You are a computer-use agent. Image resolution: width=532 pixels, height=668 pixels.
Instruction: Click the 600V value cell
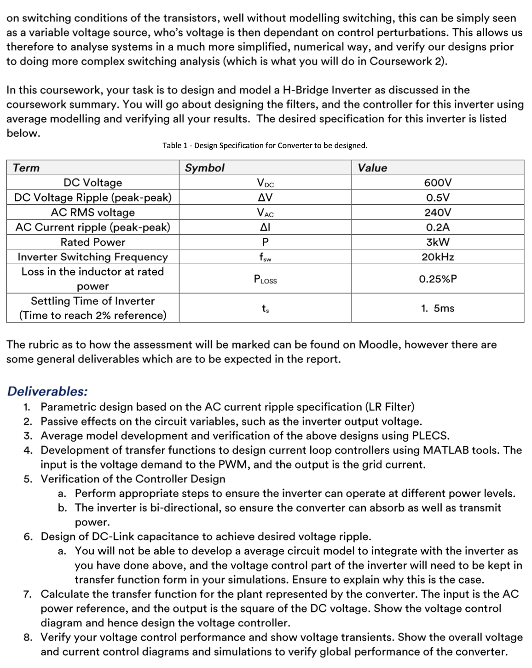coord(437,183)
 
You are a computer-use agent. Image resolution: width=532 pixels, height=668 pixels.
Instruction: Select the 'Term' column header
coord(26,168)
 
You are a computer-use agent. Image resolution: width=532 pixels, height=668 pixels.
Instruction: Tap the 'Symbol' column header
coord(204,168)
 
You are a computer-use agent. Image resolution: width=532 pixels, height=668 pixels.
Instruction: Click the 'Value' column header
coord(372,168)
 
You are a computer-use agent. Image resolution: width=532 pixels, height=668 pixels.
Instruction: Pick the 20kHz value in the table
coord(437,257)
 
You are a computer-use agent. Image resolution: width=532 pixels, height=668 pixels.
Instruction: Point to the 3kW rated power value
coord(437,242)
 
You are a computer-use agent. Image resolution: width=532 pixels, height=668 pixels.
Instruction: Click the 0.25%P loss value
coord(437,279)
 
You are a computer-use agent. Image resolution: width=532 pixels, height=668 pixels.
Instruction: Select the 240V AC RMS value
coord(437,213)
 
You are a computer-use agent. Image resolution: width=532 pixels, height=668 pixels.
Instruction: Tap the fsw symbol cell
coord(265,257)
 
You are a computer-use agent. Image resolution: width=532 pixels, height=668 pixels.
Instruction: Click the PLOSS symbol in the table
coord(265,279)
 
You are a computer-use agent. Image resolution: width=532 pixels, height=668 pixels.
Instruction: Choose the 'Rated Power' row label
coord(93,242)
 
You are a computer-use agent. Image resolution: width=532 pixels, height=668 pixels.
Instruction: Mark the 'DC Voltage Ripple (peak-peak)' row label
coord(93,197)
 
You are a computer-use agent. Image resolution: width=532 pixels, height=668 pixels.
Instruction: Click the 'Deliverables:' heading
coord(47,391)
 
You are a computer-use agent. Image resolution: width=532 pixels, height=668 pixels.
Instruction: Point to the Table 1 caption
coord(265,145)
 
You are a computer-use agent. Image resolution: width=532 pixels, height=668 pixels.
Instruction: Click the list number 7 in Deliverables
coord(28,594)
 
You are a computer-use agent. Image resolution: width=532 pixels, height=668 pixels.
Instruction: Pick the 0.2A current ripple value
coord(437,227)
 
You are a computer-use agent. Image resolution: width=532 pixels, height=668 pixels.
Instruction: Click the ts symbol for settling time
coord(265,308)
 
